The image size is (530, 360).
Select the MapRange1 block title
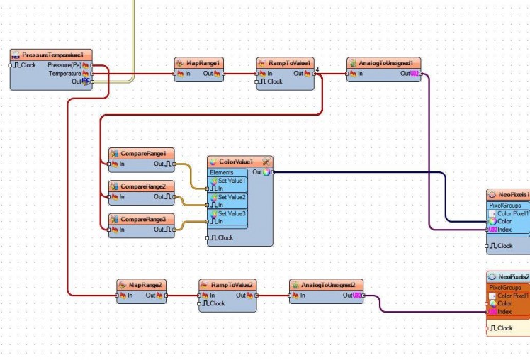pyautogui.click(x=203, y=62)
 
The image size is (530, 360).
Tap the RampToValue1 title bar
pyautogui.click(x=289, y=62)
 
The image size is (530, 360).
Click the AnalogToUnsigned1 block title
pyautogui.click(x=385, y=62)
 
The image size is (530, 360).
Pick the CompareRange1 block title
pyautogui.click(x=143, y=153)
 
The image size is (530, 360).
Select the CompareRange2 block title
pyautogui.click(x=143, y=186)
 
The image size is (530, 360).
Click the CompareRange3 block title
pyautogui.click(x=143, y=219)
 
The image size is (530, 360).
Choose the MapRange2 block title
pyautogui.click(x=146, y=284)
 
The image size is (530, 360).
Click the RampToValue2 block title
pyautogui.click(x=232, y=284)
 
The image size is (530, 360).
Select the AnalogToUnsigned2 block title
pyautogui.click(x=328, y=284)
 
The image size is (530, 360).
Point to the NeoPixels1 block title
pyautogui.click(x=512, y=194)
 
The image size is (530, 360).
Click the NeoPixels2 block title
pyautogui.click(x=512, y=276)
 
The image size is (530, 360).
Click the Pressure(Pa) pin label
pyautogui.click(x=64, y=65)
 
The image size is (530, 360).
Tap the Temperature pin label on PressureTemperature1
pyautogui.click(x=64, y=73)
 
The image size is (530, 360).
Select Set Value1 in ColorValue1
pyautogui.click(x=232, y=181)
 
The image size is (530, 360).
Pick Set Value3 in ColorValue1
pyautogui.click(x=232, y=213)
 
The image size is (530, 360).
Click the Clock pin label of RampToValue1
pyautogui.click(x=274, y=81)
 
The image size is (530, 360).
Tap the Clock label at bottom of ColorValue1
pyautogui.click(x=225, y=237)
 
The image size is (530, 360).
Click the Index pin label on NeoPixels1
pyautogui.click(x=504, y=230)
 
